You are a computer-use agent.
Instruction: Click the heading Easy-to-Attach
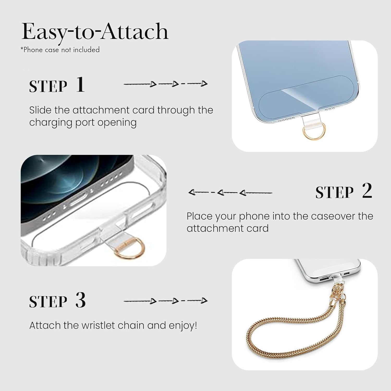[x=95, y=32]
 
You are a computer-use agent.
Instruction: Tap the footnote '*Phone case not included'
[x=60, y=50]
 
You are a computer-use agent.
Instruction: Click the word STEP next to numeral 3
[x=48, y=302]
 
